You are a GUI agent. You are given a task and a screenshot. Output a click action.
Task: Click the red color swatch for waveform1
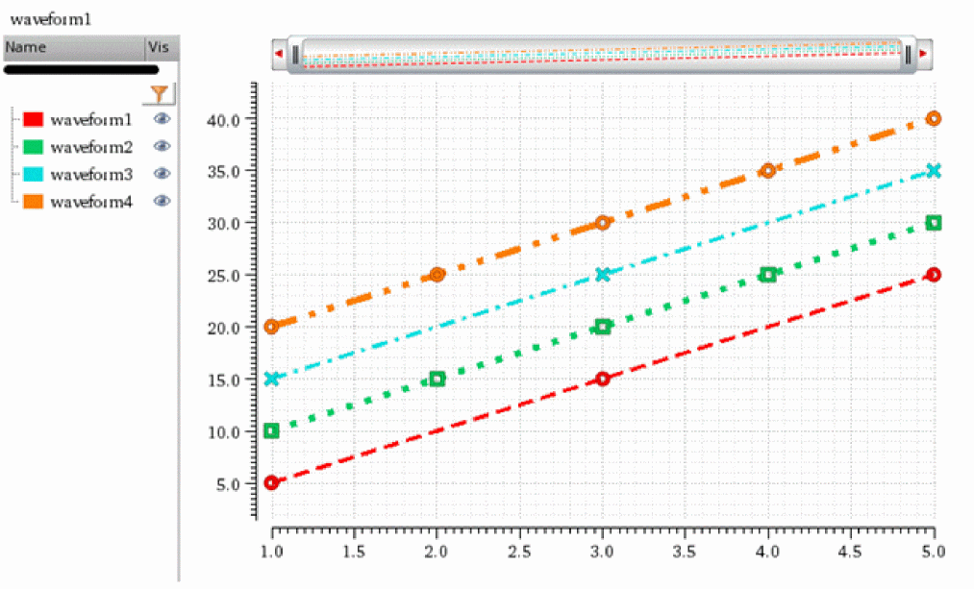pos(34,120)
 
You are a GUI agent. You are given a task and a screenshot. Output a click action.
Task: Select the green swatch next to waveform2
pos(34,147)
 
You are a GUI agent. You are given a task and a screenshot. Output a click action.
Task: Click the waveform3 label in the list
pos(91,175)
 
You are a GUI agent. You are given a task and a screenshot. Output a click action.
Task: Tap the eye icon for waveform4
pos(162,201)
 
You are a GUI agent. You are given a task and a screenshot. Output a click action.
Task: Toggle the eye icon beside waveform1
pos(162,119)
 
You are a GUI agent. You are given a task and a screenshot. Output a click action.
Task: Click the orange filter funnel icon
pos(160,93)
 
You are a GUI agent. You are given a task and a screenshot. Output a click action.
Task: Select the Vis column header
pos(158,47)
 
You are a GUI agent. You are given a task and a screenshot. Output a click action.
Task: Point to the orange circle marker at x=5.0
pos(933,118)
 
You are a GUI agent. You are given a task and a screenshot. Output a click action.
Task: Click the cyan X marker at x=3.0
pos(603,274)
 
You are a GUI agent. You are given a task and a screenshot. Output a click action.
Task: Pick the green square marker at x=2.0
pos(437,379)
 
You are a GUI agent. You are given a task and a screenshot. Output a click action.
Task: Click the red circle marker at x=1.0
pos(271,482)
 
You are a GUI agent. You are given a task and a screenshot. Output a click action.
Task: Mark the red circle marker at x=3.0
pos(603,379)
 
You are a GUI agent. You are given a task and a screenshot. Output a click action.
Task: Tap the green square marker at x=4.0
pos(768,275)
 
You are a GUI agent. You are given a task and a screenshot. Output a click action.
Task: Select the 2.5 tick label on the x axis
pos(520,552)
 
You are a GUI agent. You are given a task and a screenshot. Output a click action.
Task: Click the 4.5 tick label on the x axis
pos(851,552)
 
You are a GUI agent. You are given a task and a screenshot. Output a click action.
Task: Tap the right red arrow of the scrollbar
pos(924,54)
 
